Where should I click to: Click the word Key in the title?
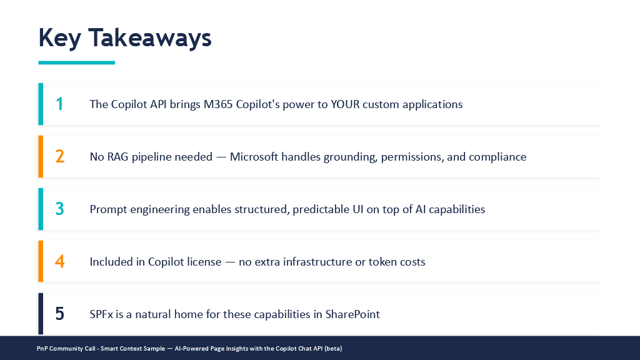[59, 38]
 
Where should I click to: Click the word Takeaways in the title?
[150, 37]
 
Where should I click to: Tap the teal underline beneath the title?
[77, 62]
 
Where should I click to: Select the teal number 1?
[59, 104]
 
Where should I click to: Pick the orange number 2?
[59, 157]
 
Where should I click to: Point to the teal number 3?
[59, 209]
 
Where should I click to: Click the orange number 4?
[59, 262]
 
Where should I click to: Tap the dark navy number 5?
[59, 314]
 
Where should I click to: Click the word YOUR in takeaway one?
[345, 104]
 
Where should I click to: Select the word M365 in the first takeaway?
[218, 104]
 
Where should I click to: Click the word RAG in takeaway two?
[117, 157]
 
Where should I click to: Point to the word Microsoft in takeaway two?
[254, 157]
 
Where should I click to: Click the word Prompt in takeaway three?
[106, 210]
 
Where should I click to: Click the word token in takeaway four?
[382, 262]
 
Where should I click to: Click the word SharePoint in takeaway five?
[352, 314]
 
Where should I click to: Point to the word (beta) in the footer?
[333, 349]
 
